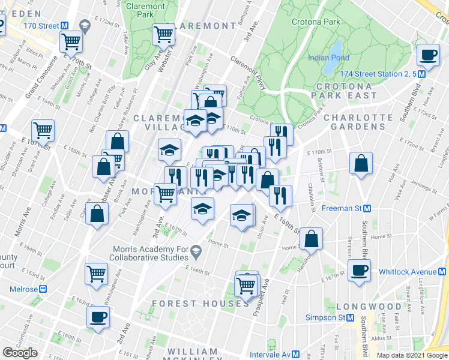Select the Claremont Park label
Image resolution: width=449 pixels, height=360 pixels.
[146, 10]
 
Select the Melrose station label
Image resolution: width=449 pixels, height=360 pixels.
[24, 289]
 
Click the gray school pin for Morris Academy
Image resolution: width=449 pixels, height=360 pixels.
[196, 250]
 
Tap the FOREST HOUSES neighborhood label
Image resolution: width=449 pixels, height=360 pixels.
[200, 304]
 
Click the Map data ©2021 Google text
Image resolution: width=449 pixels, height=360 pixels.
[412, 355]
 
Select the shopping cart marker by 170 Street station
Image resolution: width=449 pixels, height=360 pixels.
[71, 42]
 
